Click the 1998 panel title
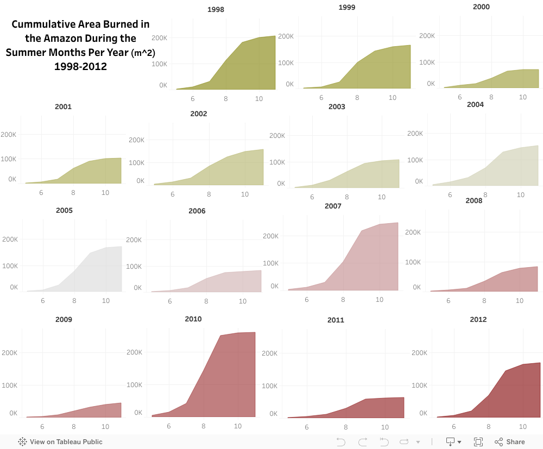click(216, 9)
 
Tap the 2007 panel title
click(333, 206)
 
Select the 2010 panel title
click(193, 319)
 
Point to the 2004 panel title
click(475, 104)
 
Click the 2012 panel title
click(478, 319)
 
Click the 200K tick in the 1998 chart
click(159, 38)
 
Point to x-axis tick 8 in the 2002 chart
click(209, 194)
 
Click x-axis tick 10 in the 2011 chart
click(384, 427)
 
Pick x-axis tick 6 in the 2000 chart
click(459, 97)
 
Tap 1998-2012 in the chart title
click(80, 67)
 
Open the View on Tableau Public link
click(60, 441)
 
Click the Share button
click(509, 441)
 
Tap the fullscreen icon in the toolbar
click(478, 441)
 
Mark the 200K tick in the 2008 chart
click(413, 232)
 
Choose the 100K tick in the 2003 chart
click(277, 162)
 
